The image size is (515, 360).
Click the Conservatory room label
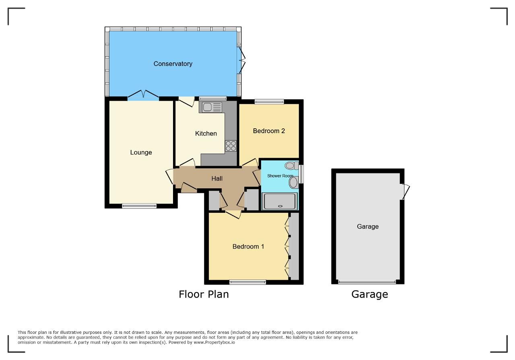point(173,64)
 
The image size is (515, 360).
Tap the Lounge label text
point(141,152)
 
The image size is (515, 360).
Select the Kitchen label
point(206,134)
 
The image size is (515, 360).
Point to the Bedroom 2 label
point(269,131)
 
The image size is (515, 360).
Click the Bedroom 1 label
point(248,247)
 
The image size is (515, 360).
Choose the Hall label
point(217,178)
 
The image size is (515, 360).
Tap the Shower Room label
point(280,176)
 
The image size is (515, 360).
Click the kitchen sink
point(212,107)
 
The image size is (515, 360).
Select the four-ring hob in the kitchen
point(231,146)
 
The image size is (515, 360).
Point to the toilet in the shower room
point(292,165)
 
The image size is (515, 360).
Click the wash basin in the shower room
point(294,183)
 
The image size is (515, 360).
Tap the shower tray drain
point(280,206)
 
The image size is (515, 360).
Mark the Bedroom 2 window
point(269,102)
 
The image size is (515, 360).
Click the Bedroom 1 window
point(247,282)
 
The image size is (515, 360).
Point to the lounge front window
point(139,206)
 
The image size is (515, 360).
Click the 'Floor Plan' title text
point(204,294)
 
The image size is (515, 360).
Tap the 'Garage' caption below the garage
point(369,294)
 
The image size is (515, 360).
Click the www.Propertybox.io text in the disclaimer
point(214,342)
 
